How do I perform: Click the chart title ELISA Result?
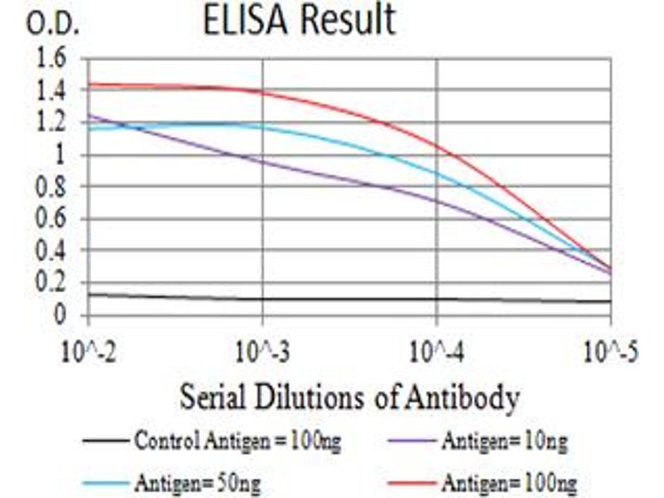coord(299,20)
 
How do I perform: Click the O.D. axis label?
coord(52,25)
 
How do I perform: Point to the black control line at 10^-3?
coord(262,299)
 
